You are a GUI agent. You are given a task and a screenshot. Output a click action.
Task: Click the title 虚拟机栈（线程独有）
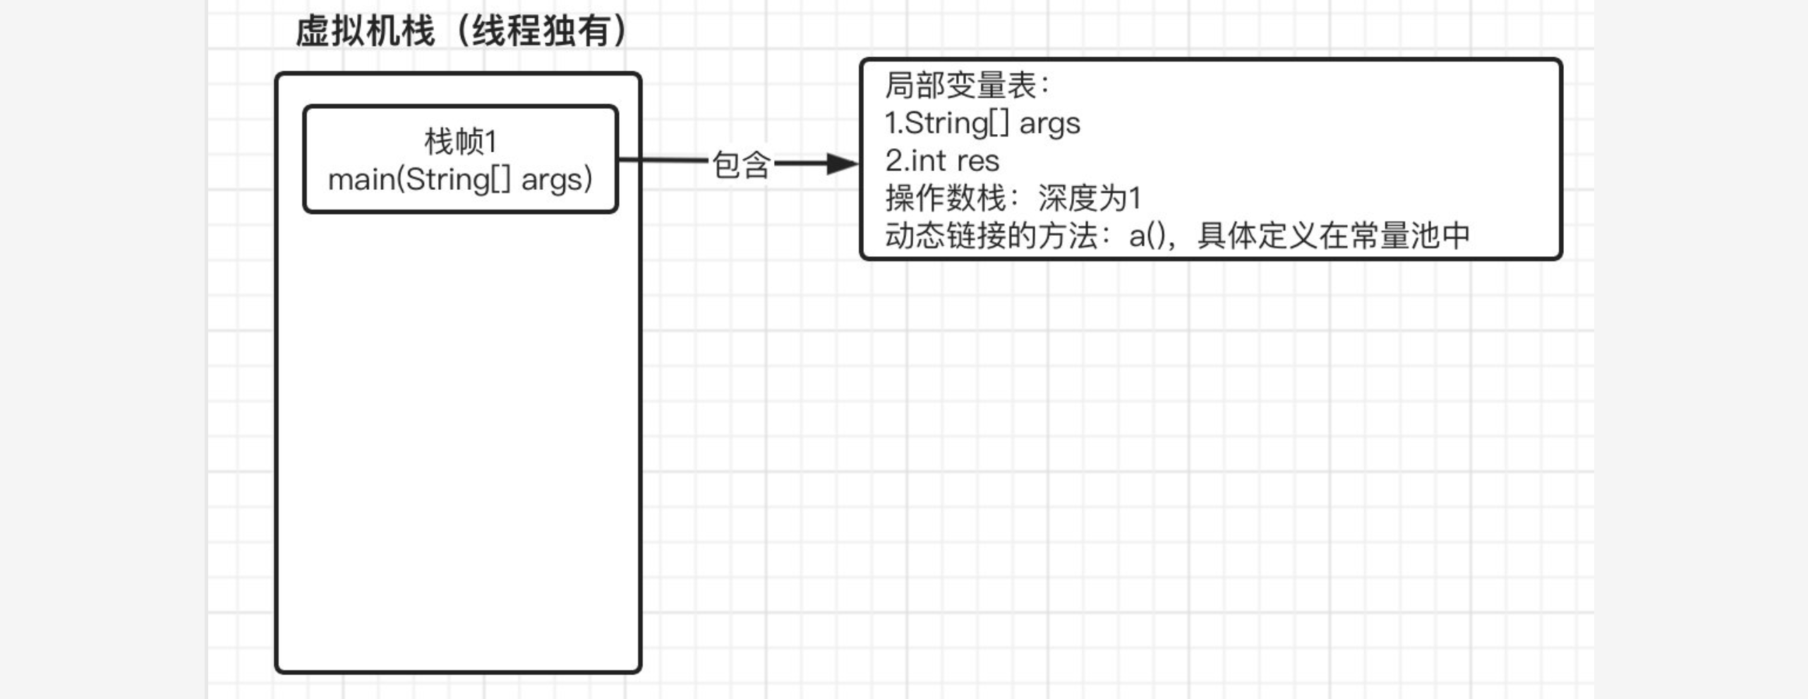point(462,32)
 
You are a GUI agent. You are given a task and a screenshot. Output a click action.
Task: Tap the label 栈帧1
point(461,141)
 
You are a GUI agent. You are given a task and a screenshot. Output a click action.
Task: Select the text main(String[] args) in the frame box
point(460,179)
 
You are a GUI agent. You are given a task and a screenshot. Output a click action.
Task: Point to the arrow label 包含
point(740,165)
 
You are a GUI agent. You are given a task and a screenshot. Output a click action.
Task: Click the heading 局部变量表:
point(968,85)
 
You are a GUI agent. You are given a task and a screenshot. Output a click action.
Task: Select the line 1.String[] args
point(982,124)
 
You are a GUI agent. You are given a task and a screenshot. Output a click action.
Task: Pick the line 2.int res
point(942,161)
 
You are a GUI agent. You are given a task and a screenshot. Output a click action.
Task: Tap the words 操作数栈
point(946,198)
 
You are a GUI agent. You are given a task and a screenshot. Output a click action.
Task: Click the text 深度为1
point(1090,198)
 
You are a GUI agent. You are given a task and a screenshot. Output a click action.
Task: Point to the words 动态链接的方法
point(991,236)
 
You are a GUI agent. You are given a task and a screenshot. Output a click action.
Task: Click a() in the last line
point(1147,236)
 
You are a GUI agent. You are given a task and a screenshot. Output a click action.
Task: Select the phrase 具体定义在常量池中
point(1333,236)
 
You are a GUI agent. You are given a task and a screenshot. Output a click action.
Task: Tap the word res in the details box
point(978,162)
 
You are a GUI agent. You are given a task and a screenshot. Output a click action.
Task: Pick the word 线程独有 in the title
point(541,32)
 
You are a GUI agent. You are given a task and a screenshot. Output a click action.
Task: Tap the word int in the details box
point(928,161)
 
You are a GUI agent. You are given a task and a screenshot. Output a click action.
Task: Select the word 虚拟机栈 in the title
point(365,32)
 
